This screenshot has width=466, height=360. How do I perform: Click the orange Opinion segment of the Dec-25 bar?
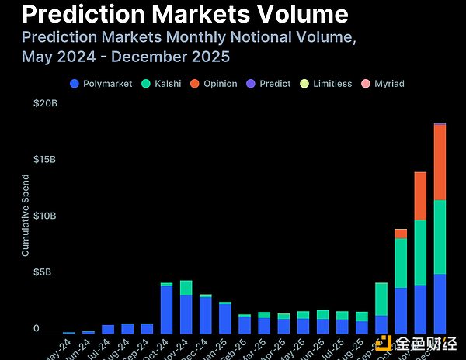[x=440, y=162]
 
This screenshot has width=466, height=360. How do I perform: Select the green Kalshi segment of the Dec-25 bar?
[x=440, y=237]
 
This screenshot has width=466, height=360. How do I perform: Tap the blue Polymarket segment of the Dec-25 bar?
[x=440, y=303]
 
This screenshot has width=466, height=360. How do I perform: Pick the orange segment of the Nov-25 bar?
[x=420, y=196]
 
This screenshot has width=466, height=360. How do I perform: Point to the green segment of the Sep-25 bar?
[x=381, y=299]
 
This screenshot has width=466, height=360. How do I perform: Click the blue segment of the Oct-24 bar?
[x=166, y=310]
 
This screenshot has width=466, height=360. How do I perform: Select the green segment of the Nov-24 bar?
[x=186, y=287]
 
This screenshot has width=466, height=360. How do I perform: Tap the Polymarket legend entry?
[x=101, y=83]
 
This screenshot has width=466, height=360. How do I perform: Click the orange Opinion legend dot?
[x=195, y=83]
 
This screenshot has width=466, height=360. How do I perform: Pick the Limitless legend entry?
[x=326, y=83]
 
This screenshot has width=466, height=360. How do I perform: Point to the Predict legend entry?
[x=269, y=83]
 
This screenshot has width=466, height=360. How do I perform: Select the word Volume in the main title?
[x=287, y=14]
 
